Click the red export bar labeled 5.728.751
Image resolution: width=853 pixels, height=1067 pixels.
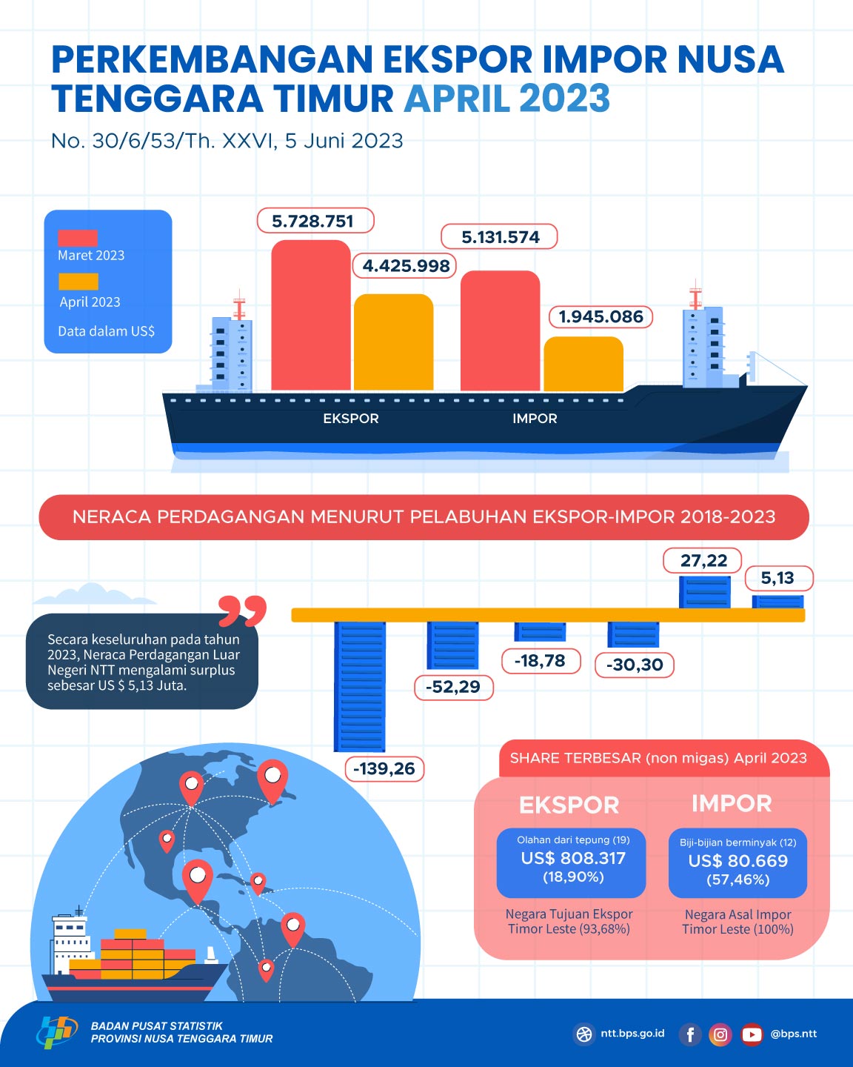(310, 315)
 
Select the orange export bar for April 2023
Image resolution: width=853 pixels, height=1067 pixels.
(393, 342)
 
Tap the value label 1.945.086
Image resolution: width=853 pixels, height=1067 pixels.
(601, 317)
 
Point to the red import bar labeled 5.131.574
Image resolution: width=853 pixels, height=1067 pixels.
(500, 330)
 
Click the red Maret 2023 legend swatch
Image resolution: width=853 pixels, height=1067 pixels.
(78, 238)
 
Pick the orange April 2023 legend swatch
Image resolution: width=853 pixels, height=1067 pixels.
(78, 282)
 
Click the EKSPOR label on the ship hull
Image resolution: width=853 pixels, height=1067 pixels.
(351, 419)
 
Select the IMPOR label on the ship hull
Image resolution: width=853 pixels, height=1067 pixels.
(535, 419)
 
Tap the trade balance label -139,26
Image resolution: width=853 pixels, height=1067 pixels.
(384, 768)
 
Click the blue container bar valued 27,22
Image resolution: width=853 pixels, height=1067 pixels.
(705, 592)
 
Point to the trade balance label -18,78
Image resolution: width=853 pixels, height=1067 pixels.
(540, 661)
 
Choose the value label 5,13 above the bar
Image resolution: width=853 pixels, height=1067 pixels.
(777, 578)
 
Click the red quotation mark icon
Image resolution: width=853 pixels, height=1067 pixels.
(242, 611)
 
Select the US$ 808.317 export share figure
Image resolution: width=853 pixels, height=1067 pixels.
(573, 859)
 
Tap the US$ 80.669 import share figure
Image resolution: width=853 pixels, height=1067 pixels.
(737, 861)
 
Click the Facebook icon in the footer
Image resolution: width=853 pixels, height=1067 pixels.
(690, 1034)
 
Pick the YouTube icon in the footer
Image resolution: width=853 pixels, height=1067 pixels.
(752, 1034)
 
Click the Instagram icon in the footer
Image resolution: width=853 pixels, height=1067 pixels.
(720, 1034)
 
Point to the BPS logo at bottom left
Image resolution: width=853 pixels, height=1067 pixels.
(57, 1031)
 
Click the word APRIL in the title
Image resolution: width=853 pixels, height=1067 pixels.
(457, 99)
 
